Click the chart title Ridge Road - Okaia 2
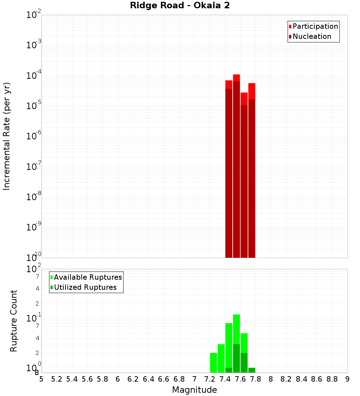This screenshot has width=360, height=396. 180,5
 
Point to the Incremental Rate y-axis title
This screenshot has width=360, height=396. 7,136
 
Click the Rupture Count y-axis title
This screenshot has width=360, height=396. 14,321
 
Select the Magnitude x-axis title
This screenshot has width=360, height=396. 194,390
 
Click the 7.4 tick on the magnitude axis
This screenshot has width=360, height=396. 225,379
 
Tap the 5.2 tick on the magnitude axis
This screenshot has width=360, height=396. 57,379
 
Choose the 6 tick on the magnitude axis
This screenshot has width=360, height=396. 118,379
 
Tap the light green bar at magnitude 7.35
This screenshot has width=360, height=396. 221,358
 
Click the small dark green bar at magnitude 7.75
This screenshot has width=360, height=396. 252,370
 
